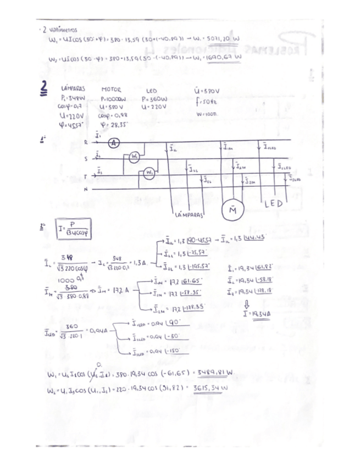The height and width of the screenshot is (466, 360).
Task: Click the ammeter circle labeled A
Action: (x=114, y=143)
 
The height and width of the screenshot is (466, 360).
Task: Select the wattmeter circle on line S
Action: (x=135, y=157)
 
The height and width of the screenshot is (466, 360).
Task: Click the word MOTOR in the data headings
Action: (x=112, y=90)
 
